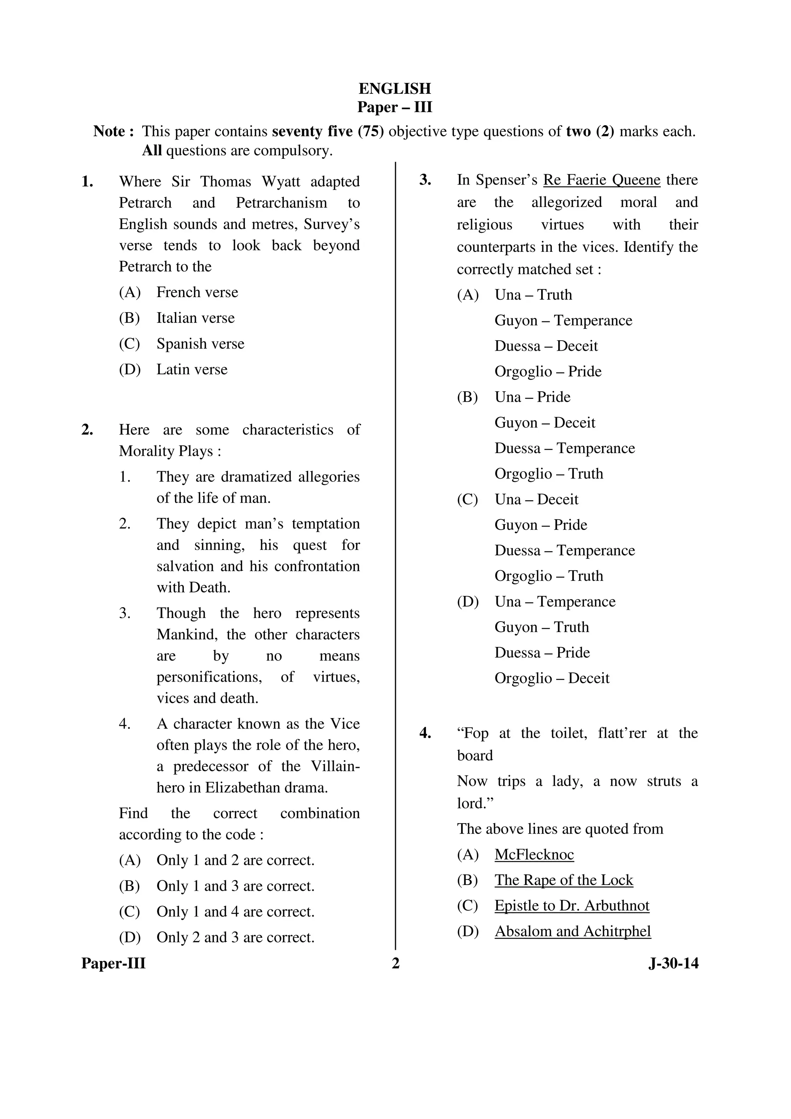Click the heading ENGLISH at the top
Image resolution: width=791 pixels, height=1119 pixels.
point(395,89)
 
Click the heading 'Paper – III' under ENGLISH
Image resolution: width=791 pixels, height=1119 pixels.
point(395,107)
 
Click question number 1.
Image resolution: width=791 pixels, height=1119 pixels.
point(88,182)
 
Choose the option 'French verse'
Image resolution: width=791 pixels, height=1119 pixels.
point(197,292)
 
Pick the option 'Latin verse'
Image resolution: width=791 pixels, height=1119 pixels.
point(192,369)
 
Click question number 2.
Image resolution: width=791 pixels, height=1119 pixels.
point(88,430)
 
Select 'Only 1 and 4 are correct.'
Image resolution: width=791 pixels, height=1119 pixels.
point(235,912)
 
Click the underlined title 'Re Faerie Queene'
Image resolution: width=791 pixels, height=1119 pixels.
point(601,180)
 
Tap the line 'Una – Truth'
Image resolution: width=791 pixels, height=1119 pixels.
point(533,295)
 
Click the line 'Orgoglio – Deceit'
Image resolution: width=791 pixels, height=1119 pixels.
point(552,678)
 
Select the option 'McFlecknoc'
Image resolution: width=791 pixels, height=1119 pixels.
point(534,854)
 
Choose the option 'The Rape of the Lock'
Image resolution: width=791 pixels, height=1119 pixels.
point(564,880)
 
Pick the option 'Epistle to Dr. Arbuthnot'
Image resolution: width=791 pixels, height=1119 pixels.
point(572,905)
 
